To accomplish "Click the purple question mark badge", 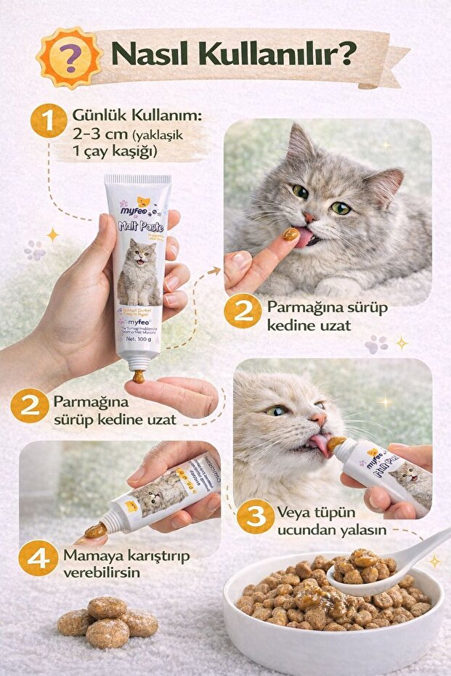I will (x=70, y=56).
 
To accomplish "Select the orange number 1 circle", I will (x=49, y=121).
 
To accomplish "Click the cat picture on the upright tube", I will (x=139, y=272).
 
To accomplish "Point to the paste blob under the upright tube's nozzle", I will (x=138, y=377).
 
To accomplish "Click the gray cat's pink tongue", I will (x=301, y=237).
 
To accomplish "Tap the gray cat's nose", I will (x=310, y=216).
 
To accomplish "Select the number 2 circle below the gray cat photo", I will (x=243, y=311).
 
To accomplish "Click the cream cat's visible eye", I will (x=275, y=411).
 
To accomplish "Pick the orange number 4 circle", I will (x=38, y=559).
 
